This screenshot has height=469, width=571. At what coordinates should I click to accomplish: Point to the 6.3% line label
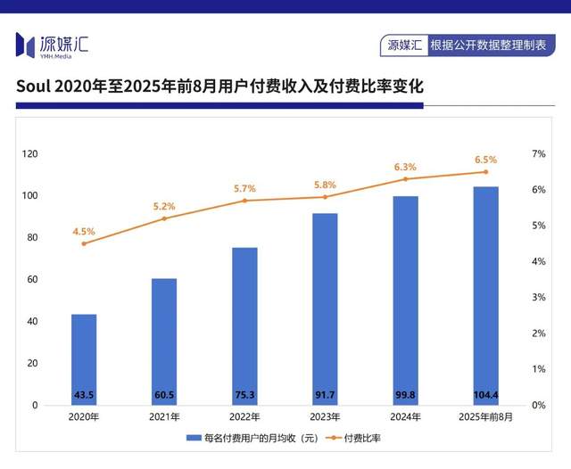405,167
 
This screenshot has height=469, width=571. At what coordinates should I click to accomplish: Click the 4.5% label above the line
84,232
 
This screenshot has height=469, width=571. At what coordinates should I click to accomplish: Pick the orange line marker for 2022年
244,201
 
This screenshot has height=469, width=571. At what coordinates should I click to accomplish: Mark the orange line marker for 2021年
164,218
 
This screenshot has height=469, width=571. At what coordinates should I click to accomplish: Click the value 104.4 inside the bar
485,394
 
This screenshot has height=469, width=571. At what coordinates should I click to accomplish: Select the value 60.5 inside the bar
164,394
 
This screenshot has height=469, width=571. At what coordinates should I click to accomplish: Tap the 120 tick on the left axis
30,154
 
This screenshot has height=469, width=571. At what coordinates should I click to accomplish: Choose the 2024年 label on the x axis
405,416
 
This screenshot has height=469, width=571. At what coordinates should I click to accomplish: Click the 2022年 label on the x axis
244,416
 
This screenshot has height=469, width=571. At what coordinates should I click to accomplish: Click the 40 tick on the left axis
33,322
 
